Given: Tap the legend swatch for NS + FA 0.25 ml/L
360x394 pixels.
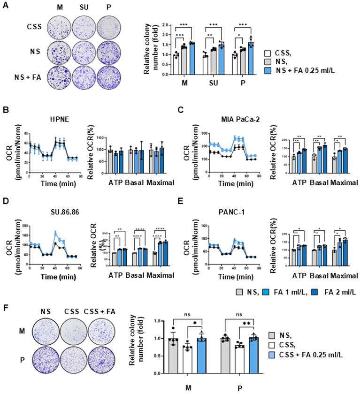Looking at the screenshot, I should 268,71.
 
